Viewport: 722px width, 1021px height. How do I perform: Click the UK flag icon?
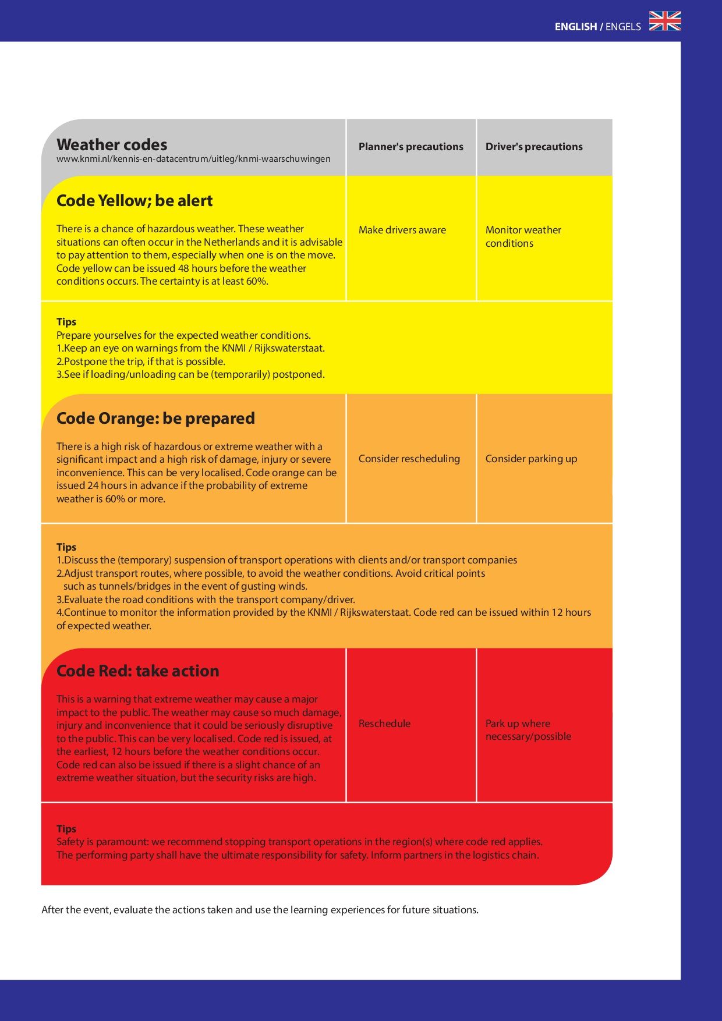[665, 21]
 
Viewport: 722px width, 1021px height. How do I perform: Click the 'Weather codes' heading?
[112, 144]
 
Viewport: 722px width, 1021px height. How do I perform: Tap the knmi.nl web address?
[193, 159]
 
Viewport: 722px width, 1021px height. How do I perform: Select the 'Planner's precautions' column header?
[410, 147]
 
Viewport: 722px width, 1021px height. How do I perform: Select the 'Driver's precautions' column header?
[534, 147]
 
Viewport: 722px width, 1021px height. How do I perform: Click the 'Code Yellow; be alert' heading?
[135, 201]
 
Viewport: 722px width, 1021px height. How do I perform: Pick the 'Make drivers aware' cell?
[402, 230]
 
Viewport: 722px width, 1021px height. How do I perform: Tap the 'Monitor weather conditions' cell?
[523, 236]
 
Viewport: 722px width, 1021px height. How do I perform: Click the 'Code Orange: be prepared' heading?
[155, 419]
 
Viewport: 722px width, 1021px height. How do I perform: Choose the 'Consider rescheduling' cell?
[409, 459]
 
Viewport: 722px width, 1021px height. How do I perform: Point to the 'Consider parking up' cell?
[531, 459]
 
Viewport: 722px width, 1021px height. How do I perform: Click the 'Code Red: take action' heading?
[137, 671]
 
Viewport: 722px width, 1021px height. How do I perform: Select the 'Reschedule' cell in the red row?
[384, 724]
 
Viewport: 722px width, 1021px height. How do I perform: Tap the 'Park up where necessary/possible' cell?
[528, 730]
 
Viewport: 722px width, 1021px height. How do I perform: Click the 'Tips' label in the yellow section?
[66, 322]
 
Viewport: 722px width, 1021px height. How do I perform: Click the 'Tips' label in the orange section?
[66, 547]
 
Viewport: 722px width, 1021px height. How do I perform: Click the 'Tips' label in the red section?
[66, 829]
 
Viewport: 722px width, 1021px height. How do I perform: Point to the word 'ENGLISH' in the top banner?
[575, 27]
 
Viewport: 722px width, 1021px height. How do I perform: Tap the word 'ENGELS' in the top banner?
[623, 27]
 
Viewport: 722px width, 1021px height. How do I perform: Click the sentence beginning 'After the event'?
[260, 910]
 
